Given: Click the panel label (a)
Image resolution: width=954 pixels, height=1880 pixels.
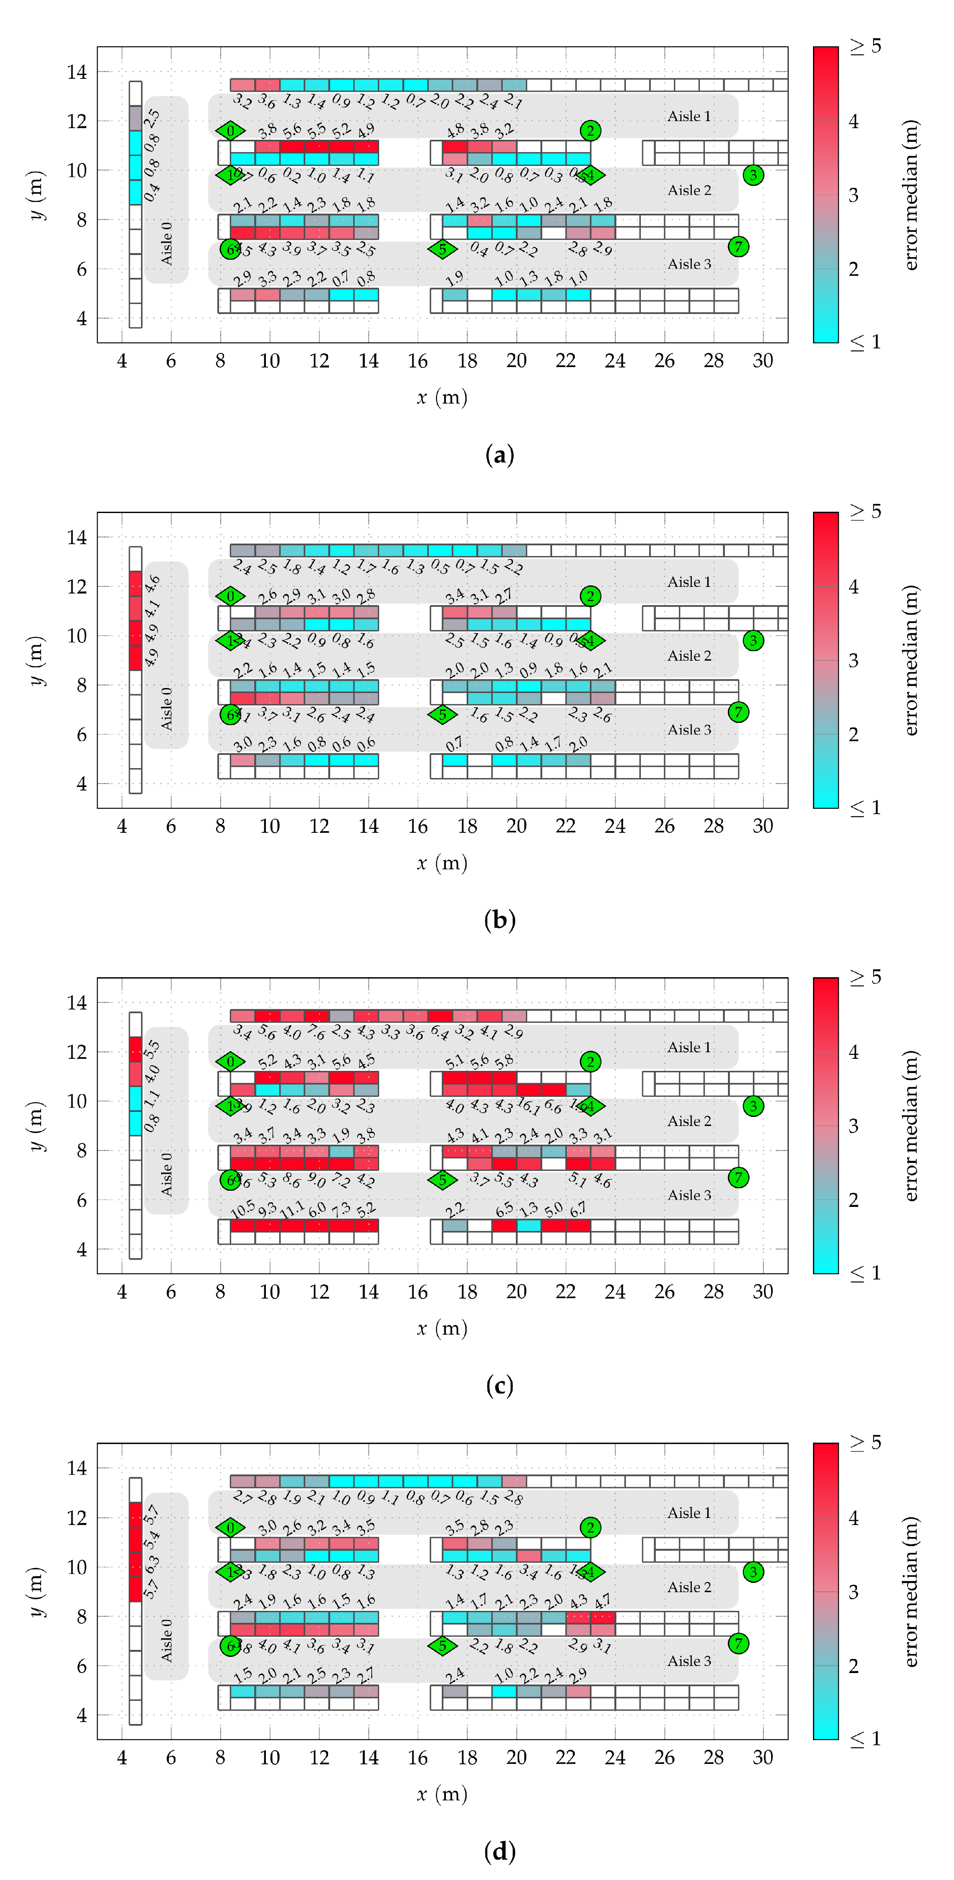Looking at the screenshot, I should point(499,455).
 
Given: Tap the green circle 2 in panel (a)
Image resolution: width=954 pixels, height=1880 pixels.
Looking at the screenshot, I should point(591,131).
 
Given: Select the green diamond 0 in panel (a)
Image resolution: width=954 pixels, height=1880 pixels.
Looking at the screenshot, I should point(231,131).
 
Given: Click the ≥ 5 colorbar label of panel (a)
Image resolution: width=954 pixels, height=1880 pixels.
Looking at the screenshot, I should point(866,47).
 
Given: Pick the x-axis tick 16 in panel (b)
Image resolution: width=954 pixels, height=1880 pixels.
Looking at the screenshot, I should point(418,826).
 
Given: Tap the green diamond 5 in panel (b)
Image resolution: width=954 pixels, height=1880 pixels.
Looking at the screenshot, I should point(442,714).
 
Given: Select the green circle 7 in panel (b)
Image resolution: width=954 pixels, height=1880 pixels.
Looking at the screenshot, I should point(739,712).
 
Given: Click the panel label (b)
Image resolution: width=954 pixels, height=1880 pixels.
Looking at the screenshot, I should point(499,920).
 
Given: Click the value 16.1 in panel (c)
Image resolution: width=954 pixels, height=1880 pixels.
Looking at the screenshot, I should point(528,1107).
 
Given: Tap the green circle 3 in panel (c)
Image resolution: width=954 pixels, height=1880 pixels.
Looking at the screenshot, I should point(753,1107).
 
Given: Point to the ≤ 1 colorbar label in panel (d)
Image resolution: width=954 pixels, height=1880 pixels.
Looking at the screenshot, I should point(866,1739).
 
